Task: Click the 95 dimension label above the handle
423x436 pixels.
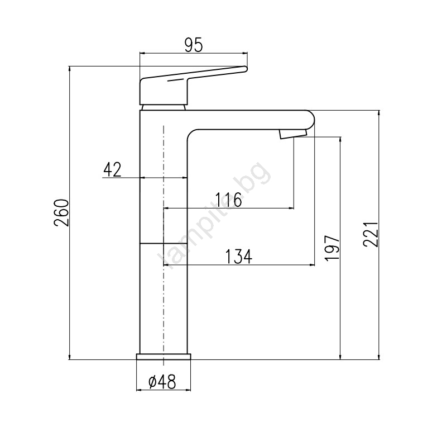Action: [x=194, y=45]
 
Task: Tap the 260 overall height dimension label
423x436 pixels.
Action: [x=61, y=213]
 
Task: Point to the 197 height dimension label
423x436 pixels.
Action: [x=332, y=248]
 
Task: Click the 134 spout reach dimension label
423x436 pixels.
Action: [x=239, y=257]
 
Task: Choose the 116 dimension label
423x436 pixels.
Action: [x=229, y=200]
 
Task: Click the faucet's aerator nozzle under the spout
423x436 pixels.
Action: [x=293, y=134]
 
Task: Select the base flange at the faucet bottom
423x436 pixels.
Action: [x=164, y=357]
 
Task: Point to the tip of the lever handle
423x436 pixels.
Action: [x=246, y=69]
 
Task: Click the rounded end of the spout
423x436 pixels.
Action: [x=311, y=120]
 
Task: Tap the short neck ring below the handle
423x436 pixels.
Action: [x=163, y=107]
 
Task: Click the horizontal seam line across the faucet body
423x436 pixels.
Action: [x=163, y=243]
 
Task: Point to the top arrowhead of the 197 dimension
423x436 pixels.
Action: [x=340, y=140]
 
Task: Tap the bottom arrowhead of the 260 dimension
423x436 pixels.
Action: [x=69, y=357]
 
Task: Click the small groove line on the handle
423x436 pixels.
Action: [x=177, y=80]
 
